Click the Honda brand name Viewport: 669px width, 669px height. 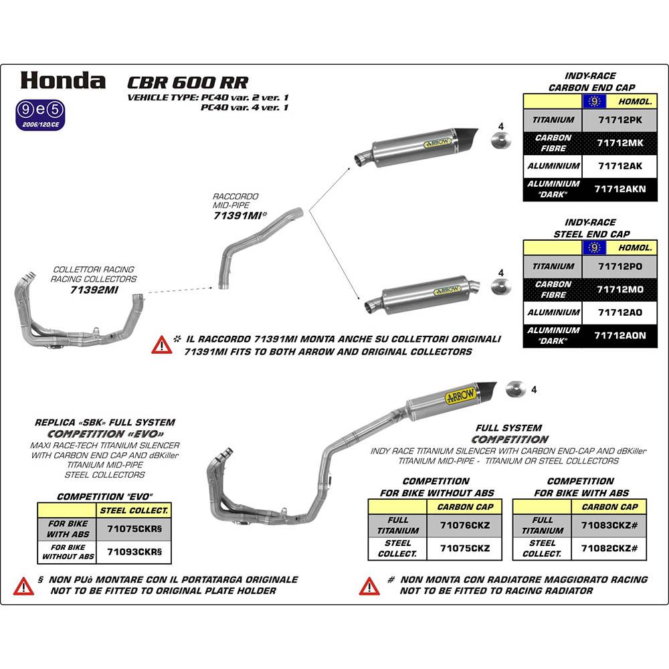pos(63,80)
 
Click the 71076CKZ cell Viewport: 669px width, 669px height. pos(465,525)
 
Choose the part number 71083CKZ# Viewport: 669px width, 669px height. pos(609,525)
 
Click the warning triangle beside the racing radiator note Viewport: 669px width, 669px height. pos(369,586)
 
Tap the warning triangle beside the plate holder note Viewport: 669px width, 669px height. pos(23,586)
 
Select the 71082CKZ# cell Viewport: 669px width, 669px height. pos(609,549)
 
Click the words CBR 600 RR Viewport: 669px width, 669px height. pos(188,82)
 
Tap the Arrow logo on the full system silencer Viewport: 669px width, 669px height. pos(461,395)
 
